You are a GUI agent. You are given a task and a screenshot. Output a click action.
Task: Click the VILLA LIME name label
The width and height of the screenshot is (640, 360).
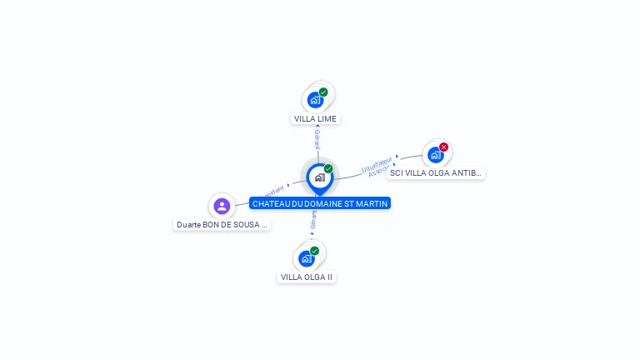click(316, 119)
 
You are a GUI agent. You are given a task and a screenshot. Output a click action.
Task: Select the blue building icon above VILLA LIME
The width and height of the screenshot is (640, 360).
click(315, 100)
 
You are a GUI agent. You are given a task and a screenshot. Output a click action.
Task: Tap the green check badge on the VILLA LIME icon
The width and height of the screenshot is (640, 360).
click(323, 92)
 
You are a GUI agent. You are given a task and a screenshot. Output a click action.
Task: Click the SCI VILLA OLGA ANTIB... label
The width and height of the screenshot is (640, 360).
click(435, 173)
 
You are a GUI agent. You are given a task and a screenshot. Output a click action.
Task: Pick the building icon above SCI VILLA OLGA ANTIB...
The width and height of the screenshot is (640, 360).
click(435, 154)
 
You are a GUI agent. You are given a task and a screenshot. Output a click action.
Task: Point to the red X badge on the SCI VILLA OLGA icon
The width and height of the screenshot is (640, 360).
click(443, 147)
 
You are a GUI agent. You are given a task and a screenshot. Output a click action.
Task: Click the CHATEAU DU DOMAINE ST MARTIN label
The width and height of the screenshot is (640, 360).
click(320, 203)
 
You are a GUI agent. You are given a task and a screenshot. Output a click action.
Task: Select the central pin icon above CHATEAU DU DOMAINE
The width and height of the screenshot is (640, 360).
click(319, 177)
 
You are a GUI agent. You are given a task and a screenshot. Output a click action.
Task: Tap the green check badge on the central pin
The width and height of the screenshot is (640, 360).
click(328, 169)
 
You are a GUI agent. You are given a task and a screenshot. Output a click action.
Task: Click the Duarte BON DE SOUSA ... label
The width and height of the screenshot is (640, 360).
click(222, 225)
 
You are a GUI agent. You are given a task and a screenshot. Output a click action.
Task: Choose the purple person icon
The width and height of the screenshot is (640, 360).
click(222, 206)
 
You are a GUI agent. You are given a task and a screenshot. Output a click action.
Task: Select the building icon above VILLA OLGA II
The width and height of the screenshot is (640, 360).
click(307, 258)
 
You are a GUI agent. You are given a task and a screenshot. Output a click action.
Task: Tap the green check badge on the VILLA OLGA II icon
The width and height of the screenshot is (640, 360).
click(314, 251)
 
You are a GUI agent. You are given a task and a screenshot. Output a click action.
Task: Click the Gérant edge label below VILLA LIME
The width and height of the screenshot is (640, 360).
click(317, 140)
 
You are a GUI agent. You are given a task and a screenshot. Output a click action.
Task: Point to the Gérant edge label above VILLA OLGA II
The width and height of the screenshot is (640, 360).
click(313, 220)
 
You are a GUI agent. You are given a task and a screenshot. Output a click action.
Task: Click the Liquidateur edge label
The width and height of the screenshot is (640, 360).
click(377, 163)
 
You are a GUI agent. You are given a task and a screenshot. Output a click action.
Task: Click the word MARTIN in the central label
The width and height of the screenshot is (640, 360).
click(372, 203)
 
